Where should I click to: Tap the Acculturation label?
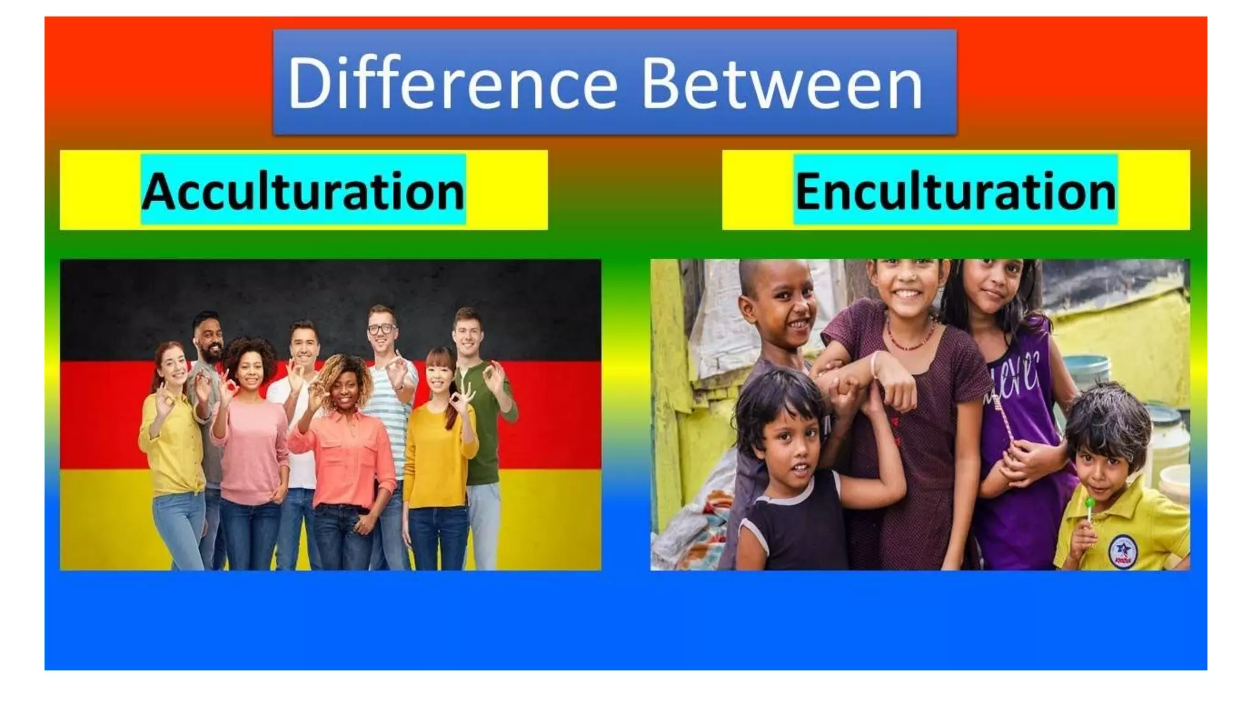303,191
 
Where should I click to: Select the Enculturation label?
956,191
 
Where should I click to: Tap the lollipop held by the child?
1089,504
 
